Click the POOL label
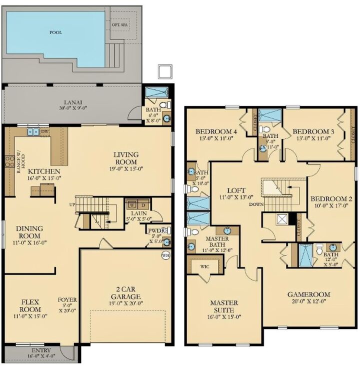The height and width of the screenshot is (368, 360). click(x=55, y=32)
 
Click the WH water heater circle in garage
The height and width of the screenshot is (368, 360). click(x=165, y=255)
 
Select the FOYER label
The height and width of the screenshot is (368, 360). click(x=67, y=300)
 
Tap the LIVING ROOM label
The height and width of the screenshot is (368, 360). click(x=125, y=158)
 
